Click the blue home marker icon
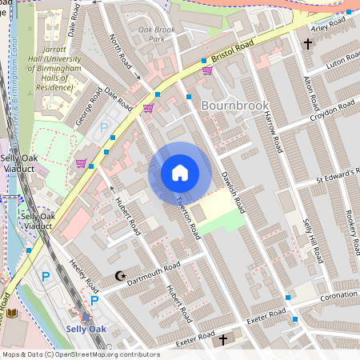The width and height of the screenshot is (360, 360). point(180,173)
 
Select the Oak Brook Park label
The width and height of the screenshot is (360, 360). point(156,34)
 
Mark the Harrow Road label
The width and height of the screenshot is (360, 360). point(274,132)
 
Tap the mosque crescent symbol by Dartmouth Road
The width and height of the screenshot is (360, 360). point(121,276)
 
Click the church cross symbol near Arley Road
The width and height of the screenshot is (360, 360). point(308,44)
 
